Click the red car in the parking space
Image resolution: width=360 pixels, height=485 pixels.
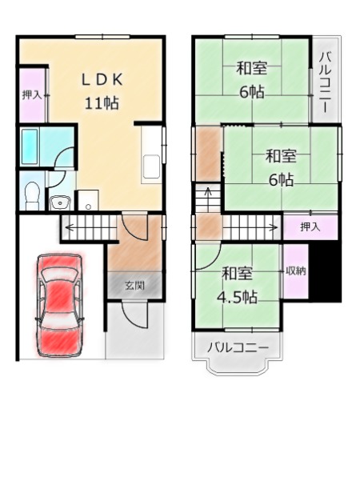click(x=59, y=305)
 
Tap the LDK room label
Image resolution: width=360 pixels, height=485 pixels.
click(x=102, y=80)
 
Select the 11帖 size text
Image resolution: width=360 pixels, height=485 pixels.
click(x=102, y=102)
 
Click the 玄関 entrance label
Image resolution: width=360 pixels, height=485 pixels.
click(x=135, y=285)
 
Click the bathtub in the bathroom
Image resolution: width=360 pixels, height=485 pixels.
click(x=30, y=146)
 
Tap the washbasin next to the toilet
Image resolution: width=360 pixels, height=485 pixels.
click(x=60, y=203)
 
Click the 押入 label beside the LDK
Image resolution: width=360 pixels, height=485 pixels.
click(x=31, y=95)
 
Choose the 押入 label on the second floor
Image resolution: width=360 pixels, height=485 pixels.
click(x=310, y=227)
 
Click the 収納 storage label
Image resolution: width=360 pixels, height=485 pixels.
click(x=296, y=271)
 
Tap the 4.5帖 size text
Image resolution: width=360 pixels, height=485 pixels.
click(x=237, y=297)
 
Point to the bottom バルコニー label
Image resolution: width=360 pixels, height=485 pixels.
click(x=238, y=347)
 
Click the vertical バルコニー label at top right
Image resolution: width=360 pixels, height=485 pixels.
click(x=326, y=82)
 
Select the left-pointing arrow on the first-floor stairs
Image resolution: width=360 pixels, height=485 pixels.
click(x=91, y=228)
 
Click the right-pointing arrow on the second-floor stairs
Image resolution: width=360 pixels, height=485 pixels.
click(x=250, y=228)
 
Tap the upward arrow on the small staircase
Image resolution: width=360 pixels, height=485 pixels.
click(x=208, y=194)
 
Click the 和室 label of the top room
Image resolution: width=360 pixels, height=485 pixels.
click(x=252, y=68)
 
